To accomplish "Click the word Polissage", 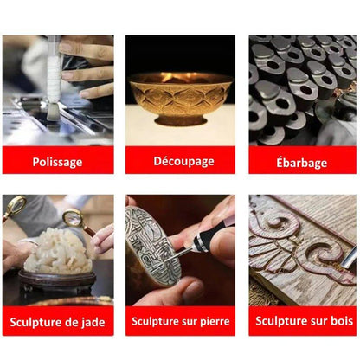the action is coord(57,162).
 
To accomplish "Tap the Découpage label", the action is coord(183,161).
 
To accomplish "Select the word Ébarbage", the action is coord(302,163).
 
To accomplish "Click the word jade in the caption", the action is coord(93,322).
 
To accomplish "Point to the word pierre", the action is coord(215,321).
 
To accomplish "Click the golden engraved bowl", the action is coord(180,99).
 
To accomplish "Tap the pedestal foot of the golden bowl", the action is coord(180,119).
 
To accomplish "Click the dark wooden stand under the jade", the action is coord(57,280).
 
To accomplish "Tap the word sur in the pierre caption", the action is coord(190,322).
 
